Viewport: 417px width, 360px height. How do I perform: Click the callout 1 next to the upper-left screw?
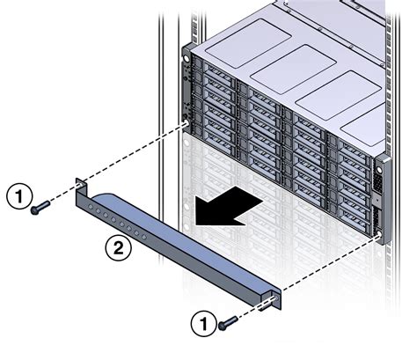(x=18, y=195)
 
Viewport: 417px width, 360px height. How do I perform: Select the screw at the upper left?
(x=40, y=209)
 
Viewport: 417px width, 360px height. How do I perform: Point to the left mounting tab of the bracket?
(x=82, y=187)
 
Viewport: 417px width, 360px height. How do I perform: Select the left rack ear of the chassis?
(x=187, y=88)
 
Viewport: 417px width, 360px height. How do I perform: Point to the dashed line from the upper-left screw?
(x=114, y=164)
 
